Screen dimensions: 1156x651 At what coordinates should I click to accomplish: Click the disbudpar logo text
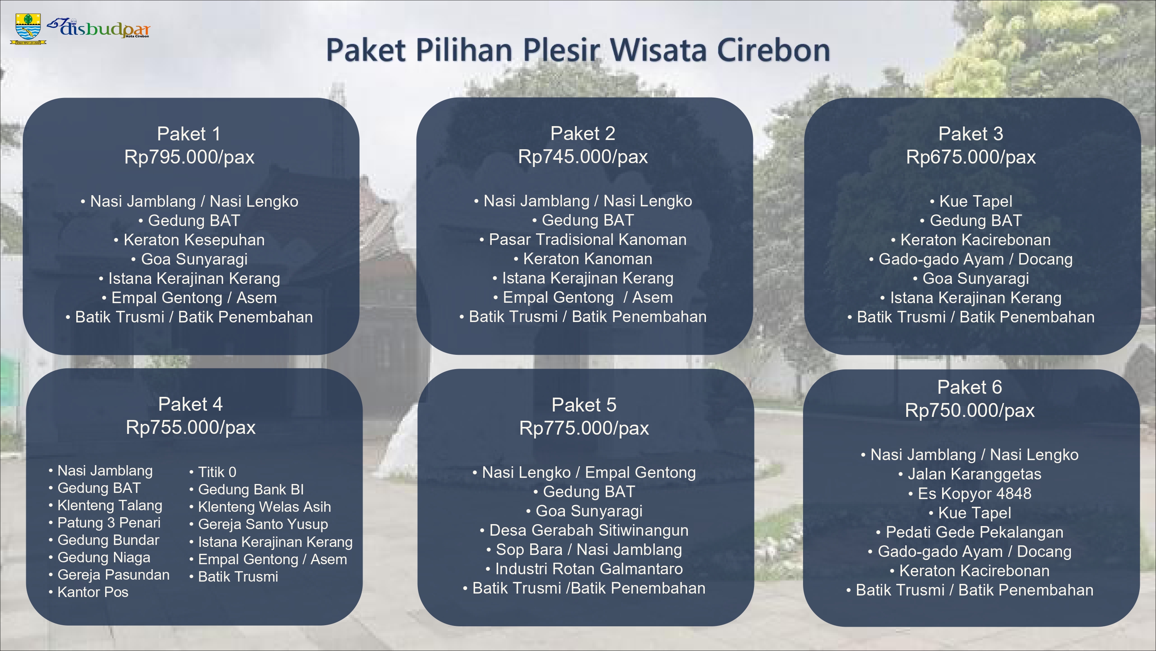point(99,28)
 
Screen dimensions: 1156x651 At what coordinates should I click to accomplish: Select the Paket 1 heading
point(189,133)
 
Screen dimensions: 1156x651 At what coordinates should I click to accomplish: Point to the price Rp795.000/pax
point(189,157)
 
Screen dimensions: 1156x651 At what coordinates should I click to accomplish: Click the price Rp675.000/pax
point(971,157)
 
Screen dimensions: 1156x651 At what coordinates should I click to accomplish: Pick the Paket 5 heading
point(584,405)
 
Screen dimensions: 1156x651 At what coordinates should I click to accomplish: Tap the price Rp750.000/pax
point(970,410)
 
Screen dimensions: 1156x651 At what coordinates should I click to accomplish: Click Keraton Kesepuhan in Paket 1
point(194,240)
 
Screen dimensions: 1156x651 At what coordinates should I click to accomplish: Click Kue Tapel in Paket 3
point(976,201)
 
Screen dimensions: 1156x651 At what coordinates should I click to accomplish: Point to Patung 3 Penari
point(109,523)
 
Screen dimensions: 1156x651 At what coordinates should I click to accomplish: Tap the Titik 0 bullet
point(217,472)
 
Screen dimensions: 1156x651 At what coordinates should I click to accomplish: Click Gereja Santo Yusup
point(263,524)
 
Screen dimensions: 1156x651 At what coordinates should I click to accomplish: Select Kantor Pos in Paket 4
point(93,592)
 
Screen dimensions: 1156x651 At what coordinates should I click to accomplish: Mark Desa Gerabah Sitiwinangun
point(589,530)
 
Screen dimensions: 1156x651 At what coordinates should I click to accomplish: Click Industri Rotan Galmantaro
point(589,569)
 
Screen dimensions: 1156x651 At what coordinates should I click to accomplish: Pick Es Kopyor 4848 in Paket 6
point(975,493)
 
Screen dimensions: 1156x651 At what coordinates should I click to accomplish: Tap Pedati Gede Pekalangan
point(975,532)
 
